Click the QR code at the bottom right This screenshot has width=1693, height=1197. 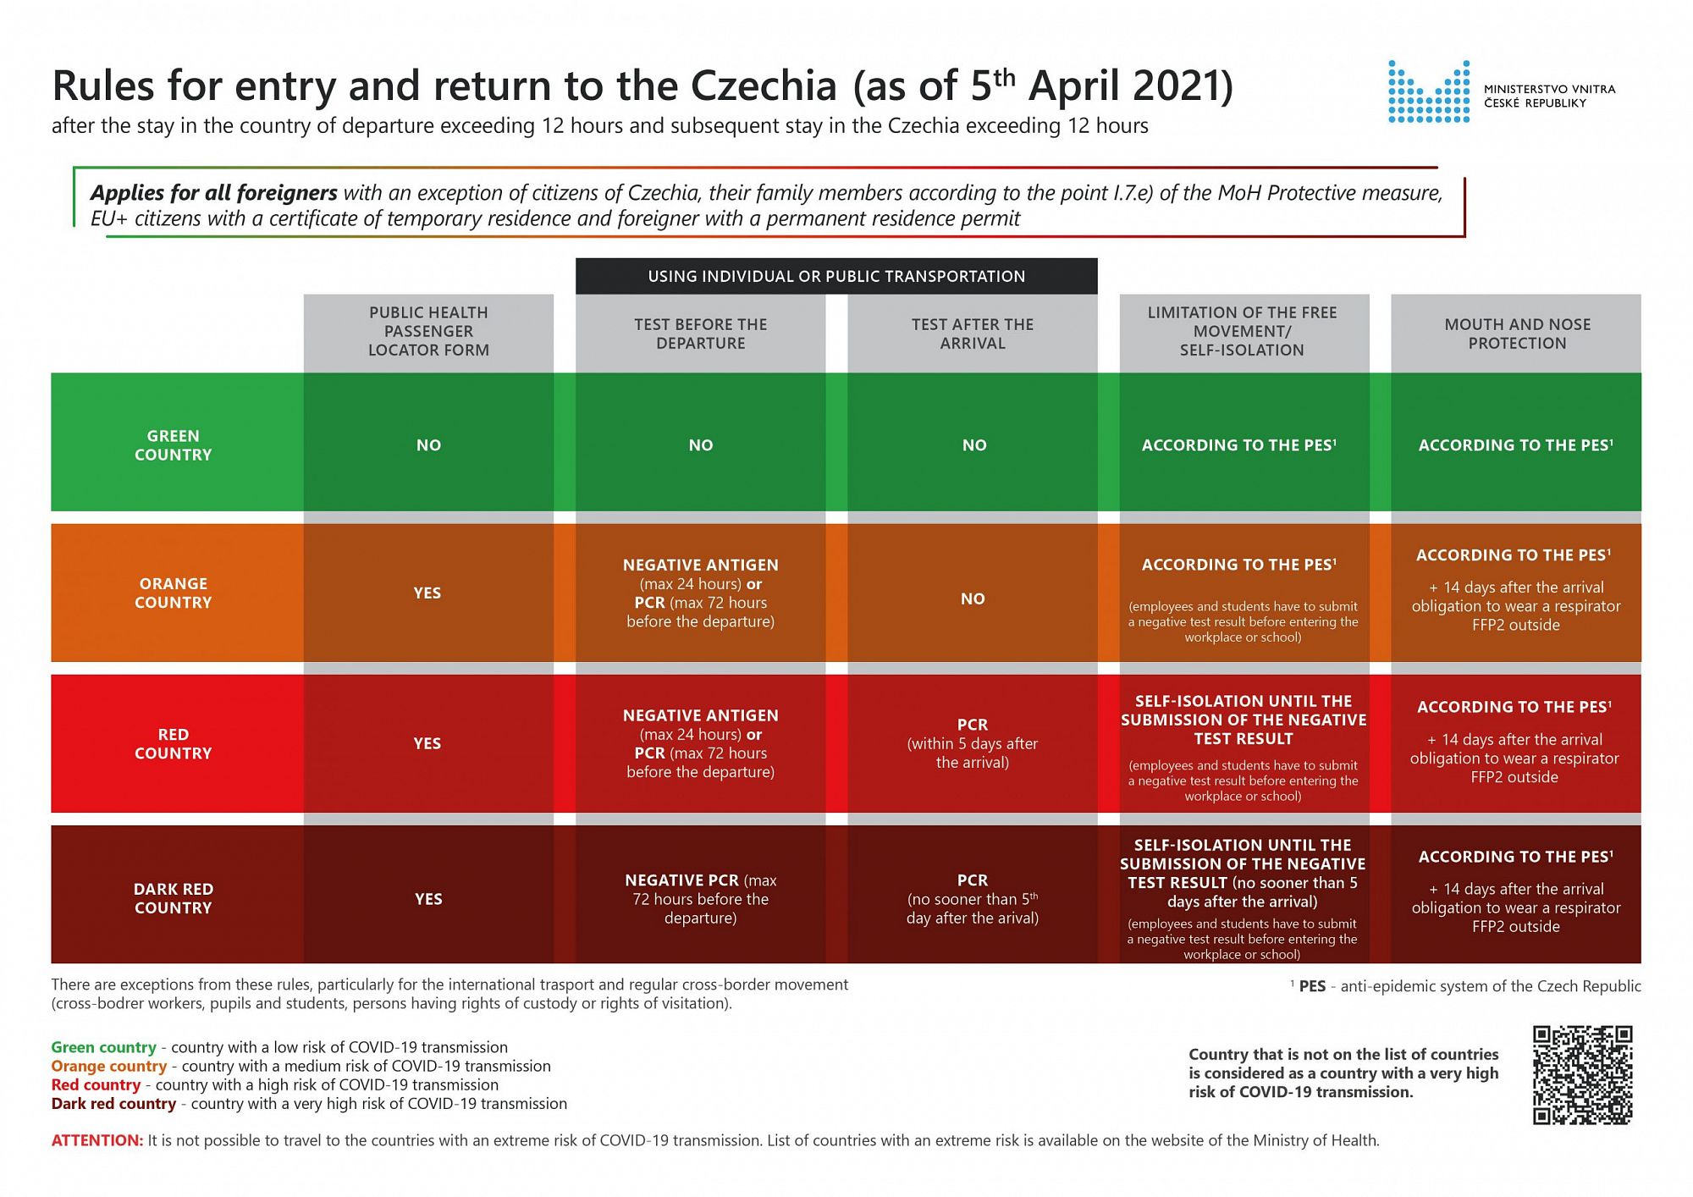coord(1582,1075)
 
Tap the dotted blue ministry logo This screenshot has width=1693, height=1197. coord(1428,91)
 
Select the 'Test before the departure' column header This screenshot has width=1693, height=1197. coord(700,334)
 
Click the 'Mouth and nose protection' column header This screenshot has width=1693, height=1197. coord(1516,334)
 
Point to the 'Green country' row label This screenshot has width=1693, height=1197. coord(173,445)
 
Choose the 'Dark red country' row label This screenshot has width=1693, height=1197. coord(173,898)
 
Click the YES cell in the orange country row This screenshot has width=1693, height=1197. coord(427,593)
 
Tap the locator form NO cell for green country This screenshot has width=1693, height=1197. coord(428,445)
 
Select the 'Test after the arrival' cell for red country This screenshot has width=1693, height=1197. coord(972,743)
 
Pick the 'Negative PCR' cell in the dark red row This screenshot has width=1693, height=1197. coord(700,898)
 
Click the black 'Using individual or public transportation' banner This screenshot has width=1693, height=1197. coord(835,276)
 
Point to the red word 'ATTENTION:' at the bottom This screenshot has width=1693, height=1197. coord(97,1140)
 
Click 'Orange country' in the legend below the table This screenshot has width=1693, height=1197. coord(108,1066)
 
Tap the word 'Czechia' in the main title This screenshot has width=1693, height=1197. coord(764,85)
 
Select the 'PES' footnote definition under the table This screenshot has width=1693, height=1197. coord(1468,986)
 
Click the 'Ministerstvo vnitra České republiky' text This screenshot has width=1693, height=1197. coord(1548,96)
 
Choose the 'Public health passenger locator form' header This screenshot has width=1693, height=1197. coord(428,331)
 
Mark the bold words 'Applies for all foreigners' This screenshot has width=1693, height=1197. coord(213,193)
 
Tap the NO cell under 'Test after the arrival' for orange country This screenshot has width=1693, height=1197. coord(972,598)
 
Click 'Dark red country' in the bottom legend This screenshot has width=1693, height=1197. coord(113,1103)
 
